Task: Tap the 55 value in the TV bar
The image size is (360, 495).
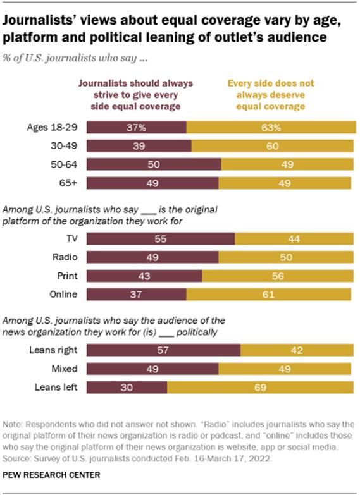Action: (x=161, y=240)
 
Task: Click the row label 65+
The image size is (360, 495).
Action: (x=69, y=183)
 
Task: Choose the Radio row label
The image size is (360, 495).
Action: (x=64, y=258)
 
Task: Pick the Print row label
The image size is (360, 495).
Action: (x=66, y=276)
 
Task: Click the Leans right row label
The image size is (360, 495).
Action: (x=56, y=350)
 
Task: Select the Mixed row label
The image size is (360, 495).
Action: (x=65, y=369)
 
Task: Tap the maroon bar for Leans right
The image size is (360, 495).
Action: (x=163, y=350)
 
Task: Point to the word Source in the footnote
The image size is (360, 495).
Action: (x=21, y=458)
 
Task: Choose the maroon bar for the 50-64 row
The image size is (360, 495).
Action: (x=153, y=165)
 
